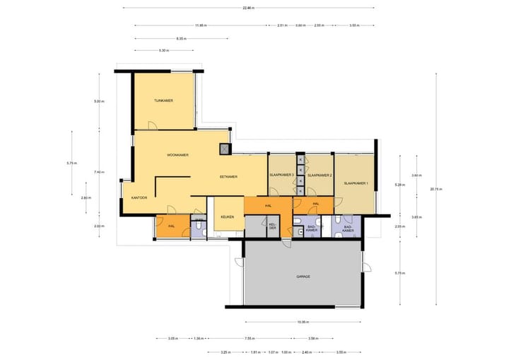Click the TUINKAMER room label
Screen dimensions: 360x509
[163, 101]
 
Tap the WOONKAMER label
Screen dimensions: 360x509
[177, 154]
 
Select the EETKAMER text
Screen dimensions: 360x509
[228, 176]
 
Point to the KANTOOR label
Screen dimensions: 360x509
[139, 198]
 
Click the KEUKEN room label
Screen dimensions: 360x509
[227, 216]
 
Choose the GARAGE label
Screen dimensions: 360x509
[303, 277]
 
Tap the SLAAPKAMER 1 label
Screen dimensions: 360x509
[356, 183]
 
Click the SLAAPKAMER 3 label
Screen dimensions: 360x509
[281, 175]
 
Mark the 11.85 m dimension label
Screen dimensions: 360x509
[201, 25]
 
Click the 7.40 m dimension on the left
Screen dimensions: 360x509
[99, 172]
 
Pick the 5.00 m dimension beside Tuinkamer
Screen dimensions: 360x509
[98, 102]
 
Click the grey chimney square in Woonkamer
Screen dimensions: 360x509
[225, 149]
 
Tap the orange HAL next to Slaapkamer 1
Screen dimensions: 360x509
[316, 204]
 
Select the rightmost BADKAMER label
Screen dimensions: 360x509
[349, 228]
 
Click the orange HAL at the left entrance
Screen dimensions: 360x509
[171, 226]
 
